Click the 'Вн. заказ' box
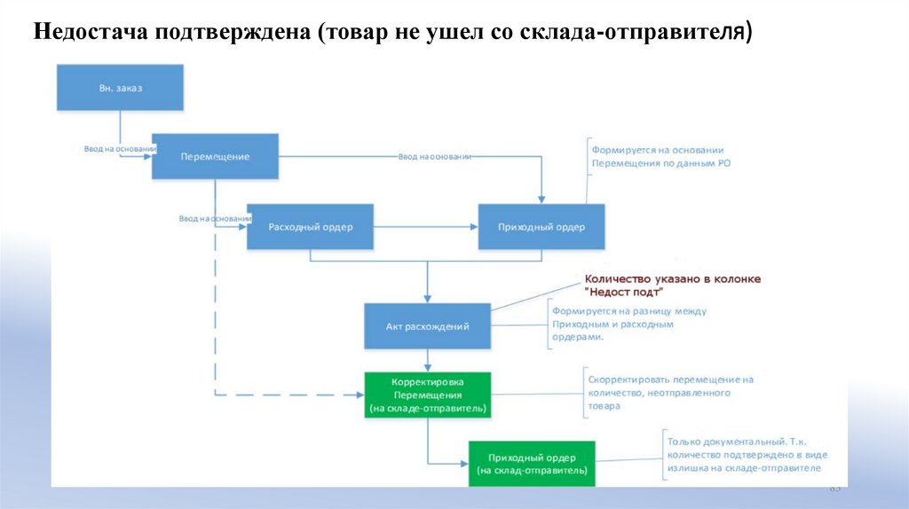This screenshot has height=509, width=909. tap(121, 88)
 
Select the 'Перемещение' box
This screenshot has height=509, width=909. tap(215, 157)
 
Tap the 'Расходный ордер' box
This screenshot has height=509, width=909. tap(311, 227)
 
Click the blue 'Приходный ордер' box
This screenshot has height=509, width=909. tap(541, 227)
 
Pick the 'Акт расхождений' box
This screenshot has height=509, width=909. tap(427, 326)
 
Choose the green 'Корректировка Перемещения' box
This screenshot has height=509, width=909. tap(427, 395)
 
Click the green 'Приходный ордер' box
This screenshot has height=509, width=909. tap(532, 463)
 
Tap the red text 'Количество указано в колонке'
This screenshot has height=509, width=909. tap(672, 278)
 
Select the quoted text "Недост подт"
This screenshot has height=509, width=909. tap(625, 292)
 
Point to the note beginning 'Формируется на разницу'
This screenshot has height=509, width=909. tap(628, 324)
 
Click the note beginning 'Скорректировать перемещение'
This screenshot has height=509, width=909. tap(670, 392)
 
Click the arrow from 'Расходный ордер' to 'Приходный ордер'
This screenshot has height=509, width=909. tap(425, 227)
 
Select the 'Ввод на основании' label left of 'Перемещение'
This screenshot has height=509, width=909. tap(108, 149)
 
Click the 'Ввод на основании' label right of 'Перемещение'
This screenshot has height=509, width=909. tap(434, 156)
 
